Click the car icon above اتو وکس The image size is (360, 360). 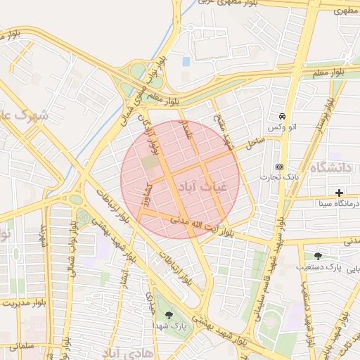point(282,117)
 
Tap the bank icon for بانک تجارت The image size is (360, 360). point(280,167)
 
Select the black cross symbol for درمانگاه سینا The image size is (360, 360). point(340,193)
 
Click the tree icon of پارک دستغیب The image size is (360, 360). point(319,256)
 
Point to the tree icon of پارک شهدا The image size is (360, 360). point(168,314)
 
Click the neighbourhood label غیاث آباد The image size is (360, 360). point(204,188)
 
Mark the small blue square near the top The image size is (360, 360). point(186,61)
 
